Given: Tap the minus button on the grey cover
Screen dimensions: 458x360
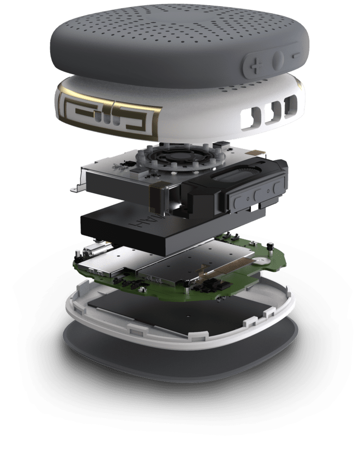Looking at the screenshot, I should coord(296,56).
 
